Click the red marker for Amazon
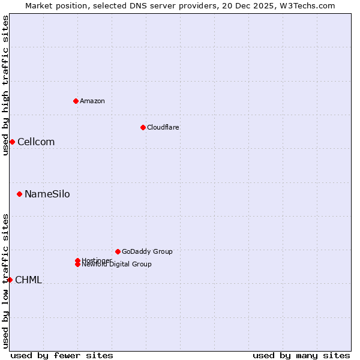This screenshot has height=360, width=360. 76,101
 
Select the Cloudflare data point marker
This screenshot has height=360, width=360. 143,127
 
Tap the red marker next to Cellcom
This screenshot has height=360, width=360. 12,142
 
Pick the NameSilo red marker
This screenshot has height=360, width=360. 20,194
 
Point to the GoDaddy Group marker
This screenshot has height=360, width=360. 118,251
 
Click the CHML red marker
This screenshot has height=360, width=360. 10,280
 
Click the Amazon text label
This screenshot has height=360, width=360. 92,101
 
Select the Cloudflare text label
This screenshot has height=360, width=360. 163,127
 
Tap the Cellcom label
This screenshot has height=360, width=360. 36,142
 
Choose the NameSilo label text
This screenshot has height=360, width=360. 47,194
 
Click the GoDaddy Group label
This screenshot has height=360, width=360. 147,251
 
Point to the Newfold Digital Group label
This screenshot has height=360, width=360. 117,265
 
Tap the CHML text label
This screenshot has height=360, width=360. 28,280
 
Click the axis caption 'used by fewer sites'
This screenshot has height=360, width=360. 62,355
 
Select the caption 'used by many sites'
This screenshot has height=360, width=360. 301,355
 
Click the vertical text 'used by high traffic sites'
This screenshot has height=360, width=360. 5,85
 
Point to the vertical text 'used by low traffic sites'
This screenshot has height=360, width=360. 5,281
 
